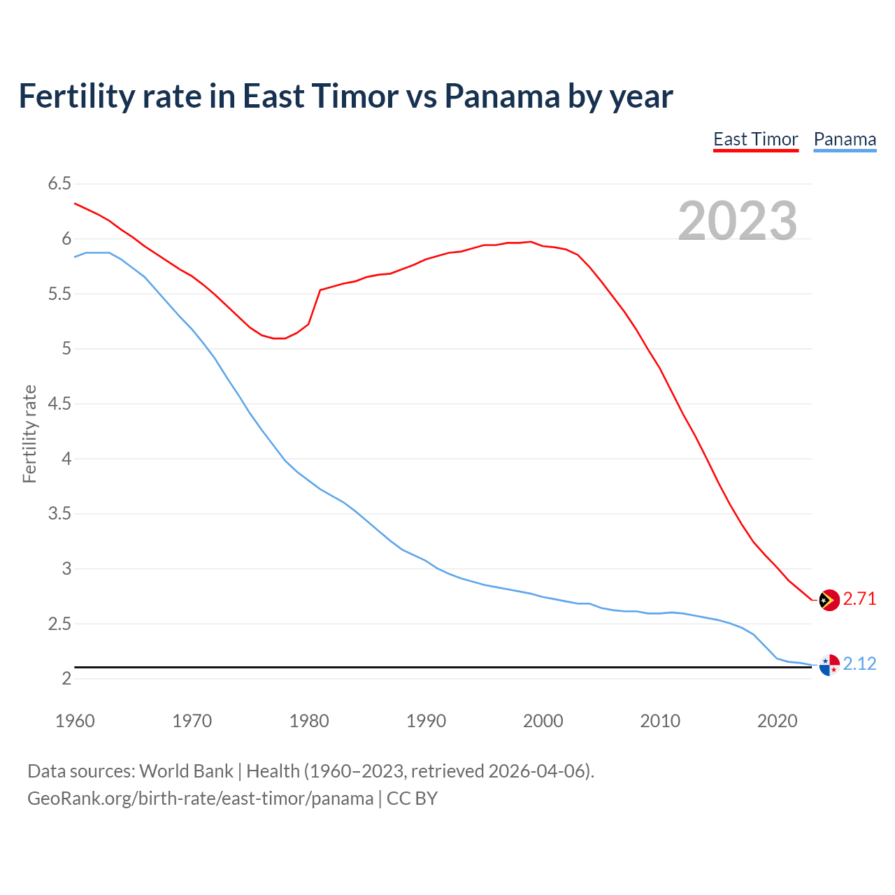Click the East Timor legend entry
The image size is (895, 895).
click(755, 139)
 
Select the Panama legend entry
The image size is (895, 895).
click(845, 139)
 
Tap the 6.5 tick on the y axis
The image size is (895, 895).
click(59, 184)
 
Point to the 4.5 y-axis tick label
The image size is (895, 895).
click(59, 403)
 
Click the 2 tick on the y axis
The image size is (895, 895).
click(66, 678)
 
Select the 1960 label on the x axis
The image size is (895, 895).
click(75, 721)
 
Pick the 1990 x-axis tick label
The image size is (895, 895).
click(426, 721)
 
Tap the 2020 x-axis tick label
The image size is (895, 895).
click(777, 721)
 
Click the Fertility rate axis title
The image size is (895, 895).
click(29, 434)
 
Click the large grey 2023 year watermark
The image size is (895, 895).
click(738, 221)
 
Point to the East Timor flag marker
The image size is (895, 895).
click(829, 600)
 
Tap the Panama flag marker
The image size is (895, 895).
click(829, 665)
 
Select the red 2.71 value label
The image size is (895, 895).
click(859, 599)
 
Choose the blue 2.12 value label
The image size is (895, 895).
click(859, 664)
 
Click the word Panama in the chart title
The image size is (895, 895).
click(501, 96)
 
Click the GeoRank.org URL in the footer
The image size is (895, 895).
click(200, 799)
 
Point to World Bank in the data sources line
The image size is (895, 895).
click(186, 771)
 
